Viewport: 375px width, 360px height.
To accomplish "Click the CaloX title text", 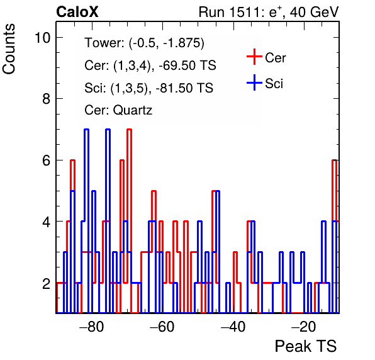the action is [77, 12].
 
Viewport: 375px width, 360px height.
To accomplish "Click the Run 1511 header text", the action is [269, 12].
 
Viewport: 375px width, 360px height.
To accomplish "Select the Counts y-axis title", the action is [9, 49].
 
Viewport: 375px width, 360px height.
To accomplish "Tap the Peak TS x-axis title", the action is [306, 346].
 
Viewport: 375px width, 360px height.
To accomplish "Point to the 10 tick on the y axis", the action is [43, 38].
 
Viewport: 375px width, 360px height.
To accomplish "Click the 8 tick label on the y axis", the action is [47, 99].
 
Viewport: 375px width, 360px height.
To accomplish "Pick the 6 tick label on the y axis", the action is [47, 160].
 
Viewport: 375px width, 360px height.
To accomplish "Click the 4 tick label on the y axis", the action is [47, 222].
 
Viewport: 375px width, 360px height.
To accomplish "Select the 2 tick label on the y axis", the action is [47, 283].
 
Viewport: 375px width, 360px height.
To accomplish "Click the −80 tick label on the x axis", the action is [92, 327].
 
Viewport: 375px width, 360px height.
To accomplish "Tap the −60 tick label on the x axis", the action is [162, 327].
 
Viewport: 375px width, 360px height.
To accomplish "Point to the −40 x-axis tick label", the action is [233, 327].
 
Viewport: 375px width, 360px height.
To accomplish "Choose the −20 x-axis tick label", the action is [304, 327].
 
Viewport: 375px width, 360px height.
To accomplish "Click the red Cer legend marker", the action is [254, 57].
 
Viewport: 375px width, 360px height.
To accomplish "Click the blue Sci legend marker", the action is [254, 82].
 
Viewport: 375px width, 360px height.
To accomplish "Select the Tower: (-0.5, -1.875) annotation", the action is [145, 43].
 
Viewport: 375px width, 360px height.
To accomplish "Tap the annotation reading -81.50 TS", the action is [184, 87].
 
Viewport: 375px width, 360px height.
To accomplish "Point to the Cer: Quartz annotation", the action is [118, 110].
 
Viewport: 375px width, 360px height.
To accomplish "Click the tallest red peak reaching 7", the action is [130, 130].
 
